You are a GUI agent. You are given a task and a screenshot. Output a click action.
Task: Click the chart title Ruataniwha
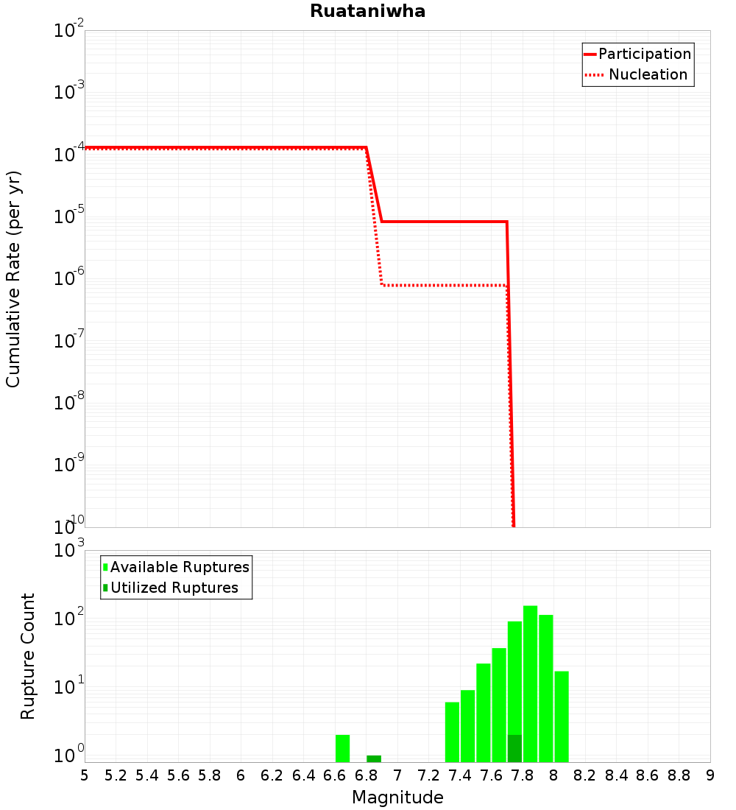tap(367, 11)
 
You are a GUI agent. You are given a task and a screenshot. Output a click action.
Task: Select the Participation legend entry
tap(645, 54)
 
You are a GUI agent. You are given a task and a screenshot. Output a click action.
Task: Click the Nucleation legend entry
tap(648, 74)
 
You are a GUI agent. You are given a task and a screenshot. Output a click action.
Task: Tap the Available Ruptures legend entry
tap(180, 567)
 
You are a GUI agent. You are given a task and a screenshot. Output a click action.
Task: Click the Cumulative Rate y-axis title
tap(13, 279)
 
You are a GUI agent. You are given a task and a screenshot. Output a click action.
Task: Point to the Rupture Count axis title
tap(28, 656)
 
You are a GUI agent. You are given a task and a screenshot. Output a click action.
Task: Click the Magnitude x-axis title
tap(397, 797)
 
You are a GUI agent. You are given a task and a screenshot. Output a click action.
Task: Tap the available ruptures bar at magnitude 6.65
tap(342, 748)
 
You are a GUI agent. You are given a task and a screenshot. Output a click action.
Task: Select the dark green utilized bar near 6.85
tap(374, 758)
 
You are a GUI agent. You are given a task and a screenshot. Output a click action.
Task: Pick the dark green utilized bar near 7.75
tap(514, 748)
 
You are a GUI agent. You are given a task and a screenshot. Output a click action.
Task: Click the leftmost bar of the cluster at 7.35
tap(452, 732)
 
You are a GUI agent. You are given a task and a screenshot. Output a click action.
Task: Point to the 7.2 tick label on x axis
tap(428, 775)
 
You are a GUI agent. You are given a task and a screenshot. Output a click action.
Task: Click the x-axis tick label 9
tap(710, 775)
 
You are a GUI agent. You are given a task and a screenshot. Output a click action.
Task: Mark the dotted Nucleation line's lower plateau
tap(442, 285)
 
